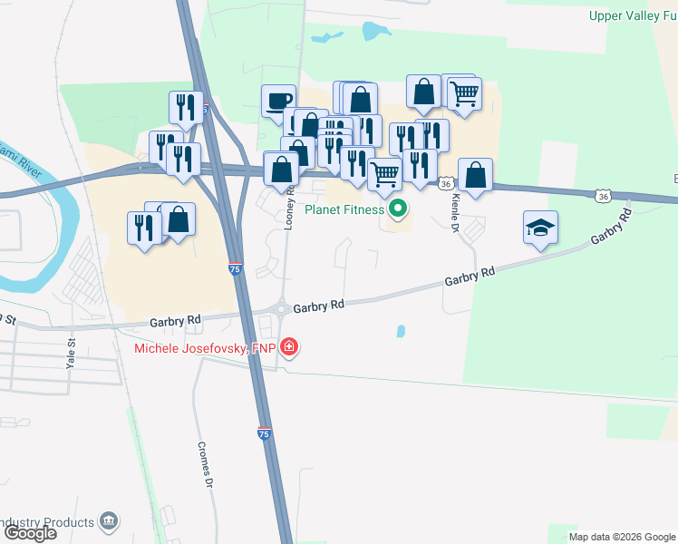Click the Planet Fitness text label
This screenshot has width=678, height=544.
pyautogui.click(x=344, y=211)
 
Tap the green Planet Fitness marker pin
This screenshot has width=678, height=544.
pyautogui.click(x=397, y=210)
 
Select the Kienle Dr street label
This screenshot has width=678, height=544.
pyautogui.click(x=456, y=212)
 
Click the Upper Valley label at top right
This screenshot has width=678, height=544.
pyautogui.click(x=633, y=15)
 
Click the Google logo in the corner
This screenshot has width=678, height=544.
pyautogui.click(x=30, y=533)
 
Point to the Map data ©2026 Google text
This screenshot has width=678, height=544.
pyautogui.click(x=622, y=537)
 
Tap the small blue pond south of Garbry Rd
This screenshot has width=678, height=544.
pyautogui.click(x=401, y=332)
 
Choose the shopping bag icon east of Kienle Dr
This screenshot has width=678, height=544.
pyautogui.click(x=475, y=174)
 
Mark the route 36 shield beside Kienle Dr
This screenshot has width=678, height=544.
pyautogui.click(x=445, y=183)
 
